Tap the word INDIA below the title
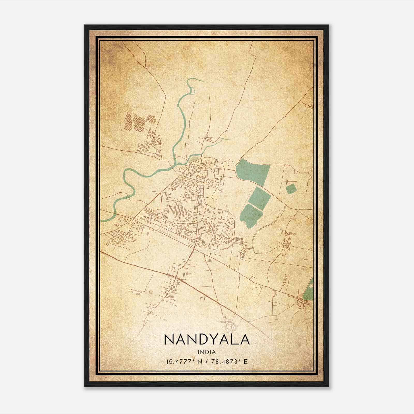click(x=206, y=352)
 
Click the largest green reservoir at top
click(x=252, y=171)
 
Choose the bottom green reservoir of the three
click(x=250, y=216)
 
